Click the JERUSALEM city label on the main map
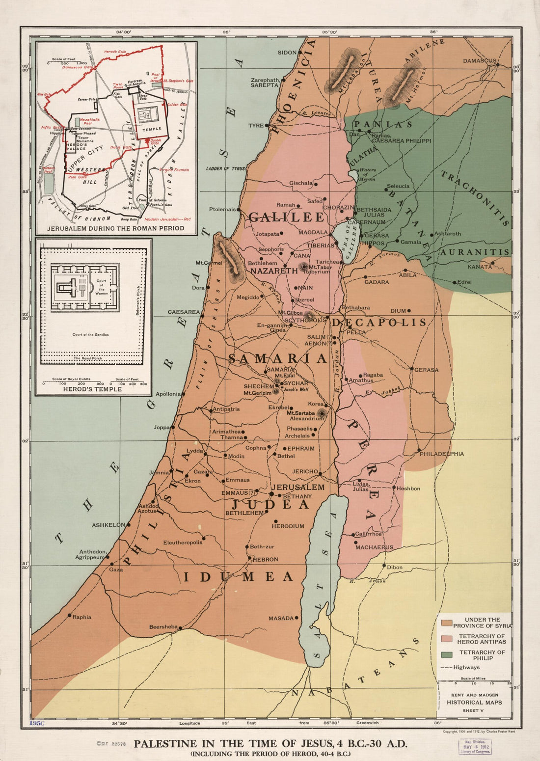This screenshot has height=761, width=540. (298, 487)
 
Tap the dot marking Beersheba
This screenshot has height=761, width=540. (180, 627)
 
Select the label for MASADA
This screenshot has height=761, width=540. (281, 618)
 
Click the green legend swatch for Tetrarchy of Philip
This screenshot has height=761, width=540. (446, 655)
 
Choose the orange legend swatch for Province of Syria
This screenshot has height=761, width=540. (446, 623)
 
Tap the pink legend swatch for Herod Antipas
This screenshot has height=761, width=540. (446, 639)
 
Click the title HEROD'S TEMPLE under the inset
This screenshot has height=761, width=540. (92, 389)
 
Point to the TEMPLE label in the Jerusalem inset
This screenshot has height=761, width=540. (152, 129)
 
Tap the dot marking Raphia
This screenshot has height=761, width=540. (69, 615)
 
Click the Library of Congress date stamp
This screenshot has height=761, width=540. (475, 747)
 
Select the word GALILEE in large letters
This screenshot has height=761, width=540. (286, 217)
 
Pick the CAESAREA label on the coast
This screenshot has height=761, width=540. (184, 312)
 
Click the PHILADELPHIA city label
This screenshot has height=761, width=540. (441, 454)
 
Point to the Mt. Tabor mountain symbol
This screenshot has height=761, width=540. (304, 266)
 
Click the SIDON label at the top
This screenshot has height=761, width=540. (287, 53)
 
